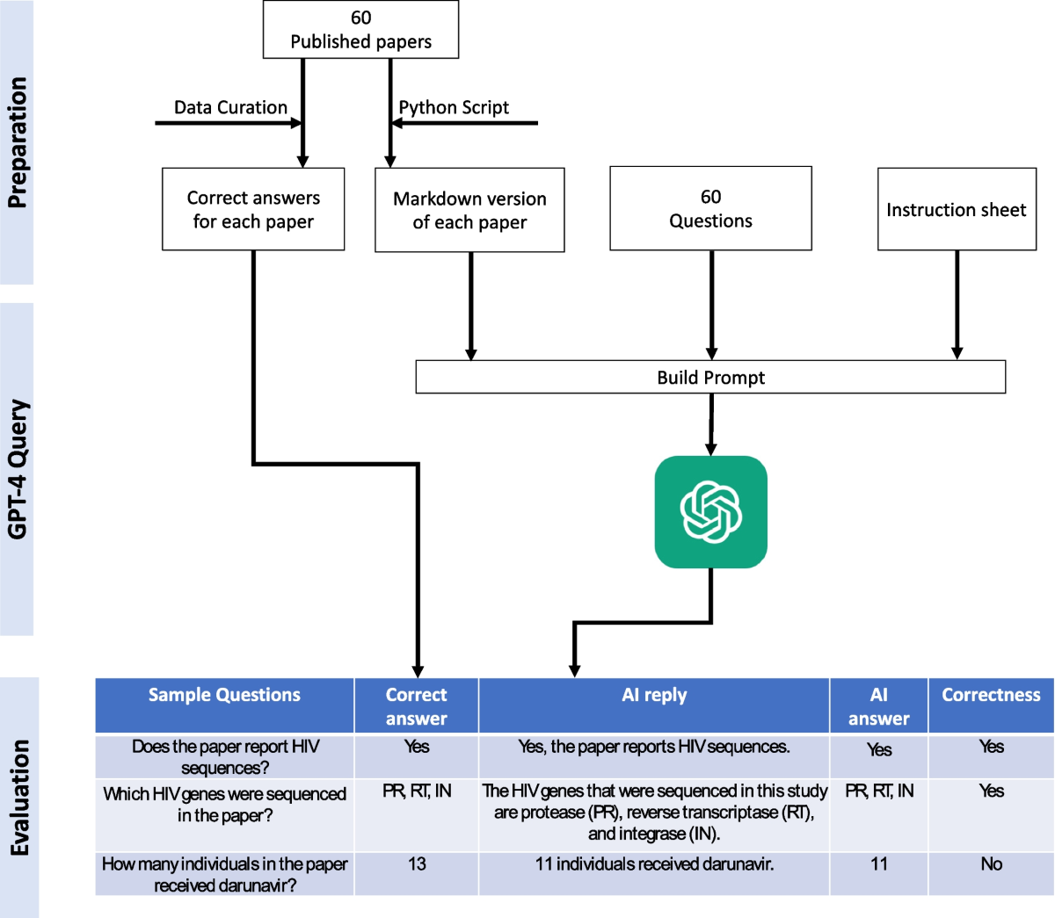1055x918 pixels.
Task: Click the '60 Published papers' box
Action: tap(360, 29)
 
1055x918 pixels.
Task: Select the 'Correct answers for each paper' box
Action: tap(253, 209)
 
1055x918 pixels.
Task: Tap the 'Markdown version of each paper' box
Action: tap(469, 210)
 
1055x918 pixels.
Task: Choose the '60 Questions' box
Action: tap(710, 208)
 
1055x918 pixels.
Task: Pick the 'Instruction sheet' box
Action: tap(957, 209)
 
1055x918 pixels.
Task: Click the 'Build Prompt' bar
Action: tap(710, 377)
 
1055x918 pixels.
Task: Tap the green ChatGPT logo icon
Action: tap(710, 512)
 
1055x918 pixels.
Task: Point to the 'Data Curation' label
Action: tap(230, 107)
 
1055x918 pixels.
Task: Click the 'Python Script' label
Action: tap(454, 107)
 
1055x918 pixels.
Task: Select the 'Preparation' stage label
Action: tap(18, 142)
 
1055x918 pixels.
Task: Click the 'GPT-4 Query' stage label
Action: tap(18, 469)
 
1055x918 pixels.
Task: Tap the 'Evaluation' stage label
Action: tap(19, 798)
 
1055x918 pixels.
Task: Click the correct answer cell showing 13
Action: tap(417, 874)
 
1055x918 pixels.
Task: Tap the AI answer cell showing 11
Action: tap(878, 874)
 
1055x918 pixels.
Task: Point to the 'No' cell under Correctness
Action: tap(991, 874)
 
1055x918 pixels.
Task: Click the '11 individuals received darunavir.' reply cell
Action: tap(654, 874)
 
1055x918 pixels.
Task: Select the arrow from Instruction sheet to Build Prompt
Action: tap(957, 305)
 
